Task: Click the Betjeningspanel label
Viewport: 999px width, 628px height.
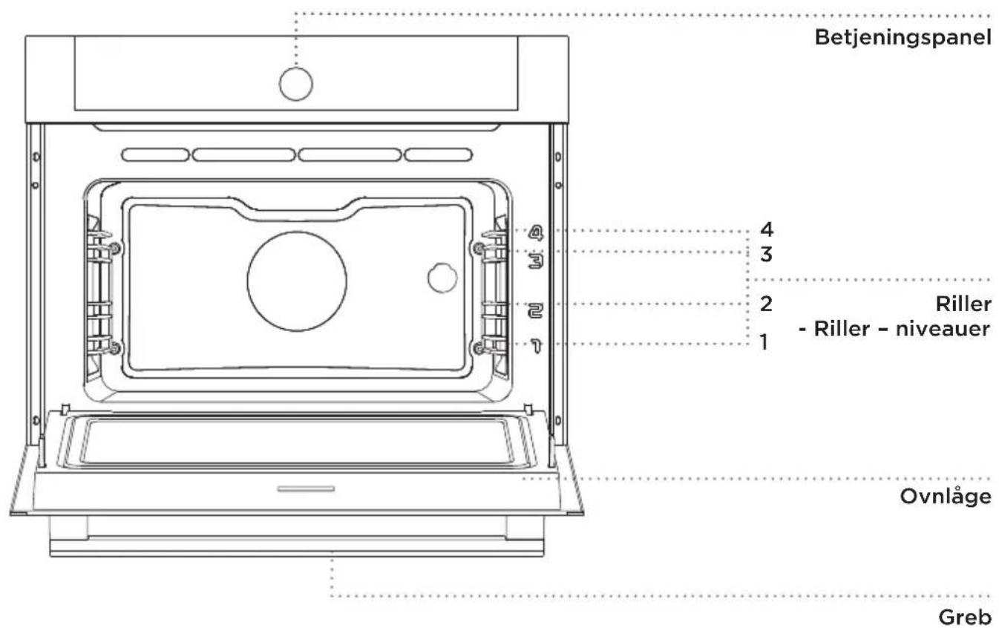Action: pos(903,38)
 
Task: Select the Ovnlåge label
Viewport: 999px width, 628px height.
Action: pos(946,497)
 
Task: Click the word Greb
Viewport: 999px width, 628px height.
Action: pos(965,618)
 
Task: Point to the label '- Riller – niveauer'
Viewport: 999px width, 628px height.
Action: pos(894,329)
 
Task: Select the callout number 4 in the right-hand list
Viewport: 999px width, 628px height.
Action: pos(767,229)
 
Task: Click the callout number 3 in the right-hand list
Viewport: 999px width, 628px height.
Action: pos(767,255)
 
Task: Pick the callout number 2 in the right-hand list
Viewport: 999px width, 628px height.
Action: pos(766,304)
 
